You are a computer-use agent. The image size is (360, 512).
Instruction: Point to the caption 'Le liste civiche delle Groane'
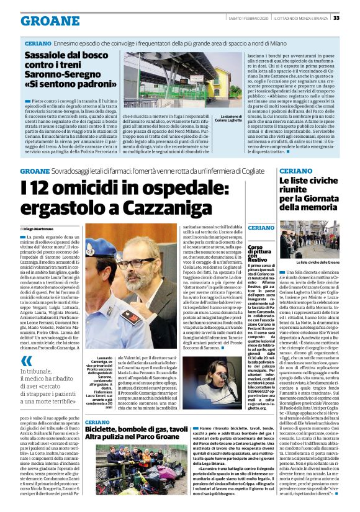(x=317, y=263)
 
